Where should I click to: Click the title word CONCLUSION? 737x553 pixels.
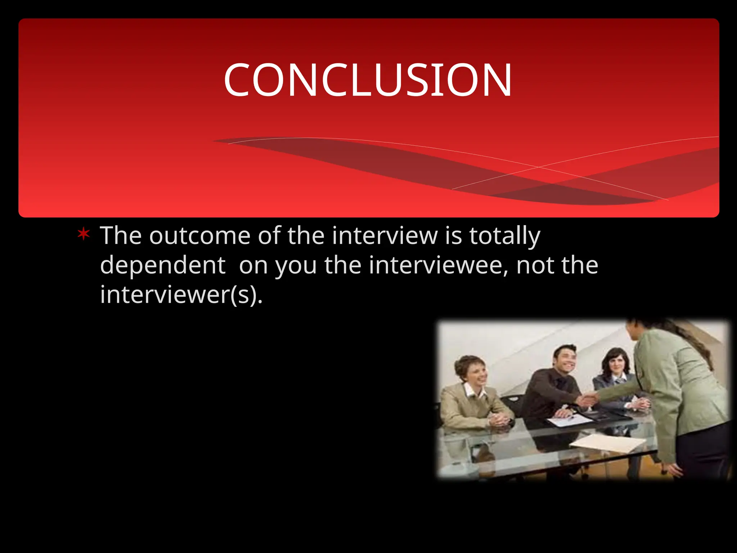click(368, 80)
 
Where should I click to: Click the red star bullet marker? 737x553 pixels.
click(83, 234)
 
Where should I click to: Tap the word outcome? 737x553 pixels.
click(200, 236)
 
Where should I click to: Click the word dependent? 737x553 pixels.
click(163, 265)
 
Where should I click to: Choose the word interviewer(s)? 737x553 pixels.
click(181, 295)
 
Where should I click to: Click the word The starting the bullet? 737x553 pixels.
click(121, 236)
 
